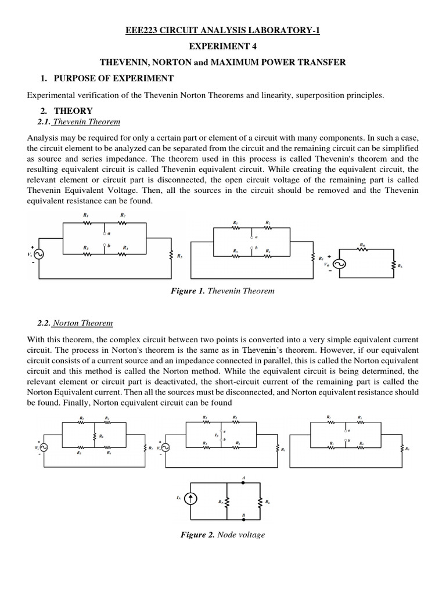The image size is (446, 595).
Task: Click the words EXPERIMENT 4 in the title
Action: [x=223, y=46]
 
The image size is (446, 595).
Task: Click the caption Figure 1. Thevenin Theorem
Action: [x=223, y=291]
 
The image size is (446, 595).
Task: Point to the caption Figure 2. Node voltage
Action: [x=223, y=535]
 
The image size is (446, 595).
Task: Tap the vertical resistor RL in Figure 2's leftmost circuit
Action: [x=93, y=435]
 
